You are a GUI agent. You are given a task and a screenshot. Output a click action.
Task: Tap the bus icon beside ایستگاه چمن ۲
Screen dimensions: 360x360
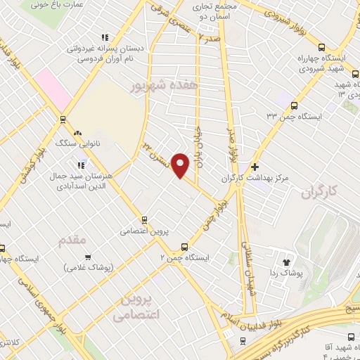point(184,247)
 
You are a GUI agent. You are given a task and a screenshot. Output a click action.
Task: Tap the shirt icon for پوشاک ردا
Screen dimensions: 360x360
point(287,262)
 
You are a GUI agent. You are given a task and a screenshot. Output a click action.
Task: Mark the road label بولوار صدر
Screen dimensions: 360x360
point(229,144)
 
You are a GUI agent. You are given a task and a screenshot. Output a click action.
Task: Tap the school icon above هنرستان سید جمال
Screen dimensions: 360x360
point(82,163)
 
